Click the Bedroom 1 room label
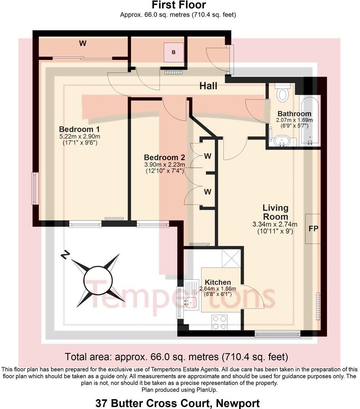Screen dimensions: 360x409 [79, 129]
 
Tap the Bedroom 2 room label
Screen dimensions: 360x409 [164, 157]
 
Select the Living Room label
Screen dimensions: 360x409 [275, 212]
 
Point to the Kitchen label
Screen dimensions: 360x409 [218, 282]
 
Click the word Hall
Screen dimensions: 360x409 [208, 86]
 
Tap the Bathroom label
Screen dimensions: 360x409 [294, 114]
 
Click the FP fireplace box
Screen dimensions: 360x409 [313, 229]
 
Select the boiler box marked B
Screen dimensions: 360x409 [174, 52]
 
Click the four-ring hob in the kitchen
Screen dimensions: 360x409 [220, 322]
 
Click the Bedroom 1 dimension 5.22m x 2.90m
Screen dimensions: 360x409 [80, 137]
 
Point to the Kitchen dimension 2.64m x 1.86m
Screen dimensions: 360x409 [218, 289]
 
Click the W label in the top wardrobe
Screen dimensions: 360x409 [83, 43]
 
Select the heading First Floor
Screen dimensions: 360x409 [179, 5]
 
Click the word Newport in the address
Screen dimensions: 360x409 [238, 403]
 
